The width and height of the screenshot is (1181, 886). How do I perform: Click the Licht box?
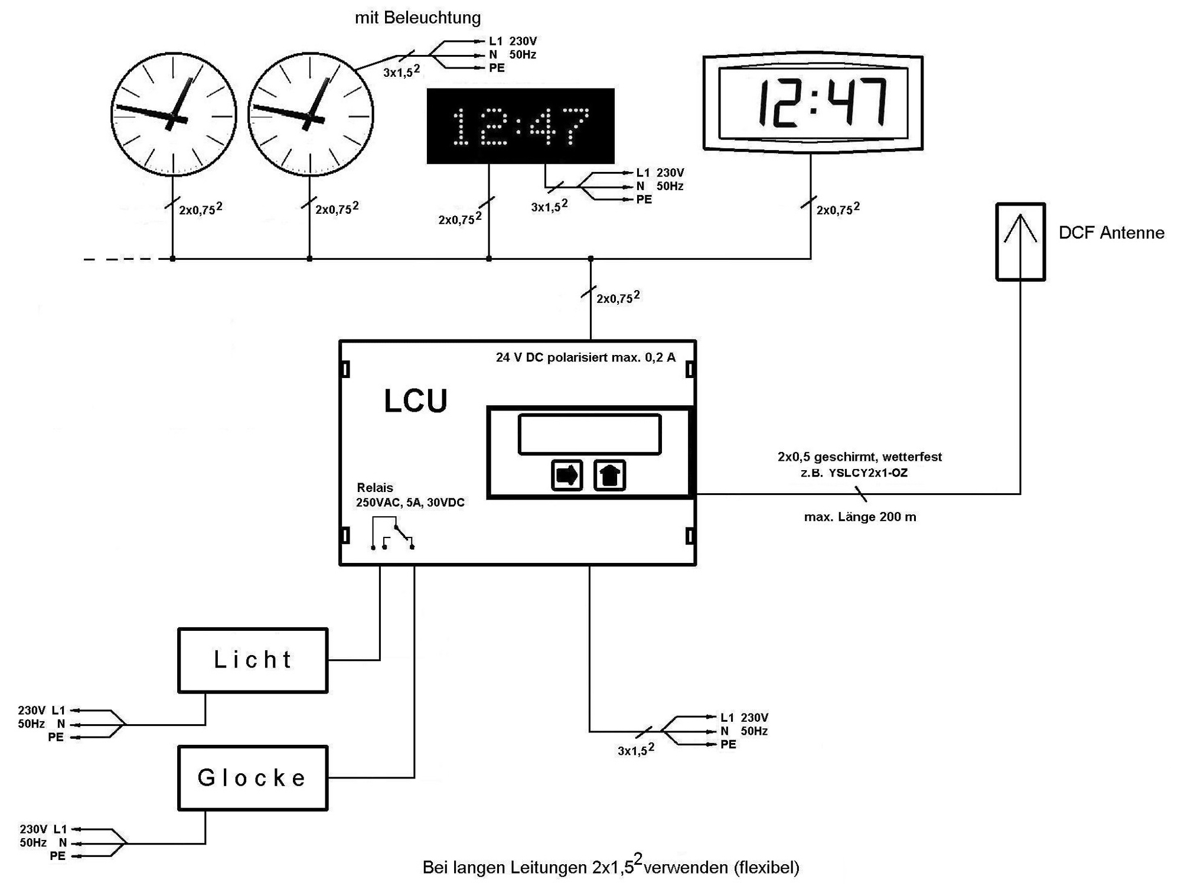(x=253, y=660)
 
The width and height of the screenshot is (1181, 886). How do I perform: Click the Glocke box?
(x=253, y=777)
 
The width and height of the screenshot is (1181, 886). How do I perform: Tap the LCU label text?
(x=416, y=402)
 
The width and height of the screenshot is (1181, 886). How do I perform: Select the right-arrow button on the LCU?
(x=566, y=475)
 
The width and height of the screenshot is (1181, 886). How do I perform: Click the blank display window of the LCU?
(x=589, y=434)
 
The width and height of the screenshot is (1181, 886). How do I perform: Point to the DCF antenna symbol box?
(x=1020, y=242)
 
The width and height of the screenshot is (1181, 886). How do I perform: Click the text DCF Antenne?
(x=1111, y=233)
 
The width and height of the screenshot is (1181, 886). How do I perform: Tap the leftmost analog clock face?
(x=174, y=115)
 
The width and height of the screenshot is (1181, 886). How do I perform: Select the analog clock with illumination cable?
(x=311, y=115)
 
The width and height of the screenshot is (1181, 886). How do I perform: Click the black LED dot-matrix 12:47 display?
(x=520, y=126)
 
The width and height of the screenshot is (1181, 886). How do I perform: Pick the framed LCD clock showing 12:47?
(x=813, y=103)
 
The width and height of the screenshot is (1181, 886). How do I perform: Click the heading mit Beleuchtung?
(x=417, y=18)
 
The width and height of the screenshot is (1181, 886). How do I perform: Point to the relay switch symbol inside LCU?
(x=393, y=533)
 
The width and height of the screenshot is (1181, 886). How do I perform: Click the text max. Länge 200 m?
(x=860, y=517)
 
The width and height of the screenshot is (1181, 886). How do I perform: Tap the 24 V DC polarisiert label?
(x=585, y=357)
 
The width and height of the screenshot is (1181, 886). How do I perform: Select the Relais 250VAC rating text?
(x=410, y=502)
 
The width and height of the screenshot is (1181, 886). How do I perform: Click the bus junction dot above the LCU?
(x=590, y=259)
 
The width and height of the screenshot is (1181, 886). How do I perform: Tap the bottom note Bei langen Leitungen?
(x=611, y=867)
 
